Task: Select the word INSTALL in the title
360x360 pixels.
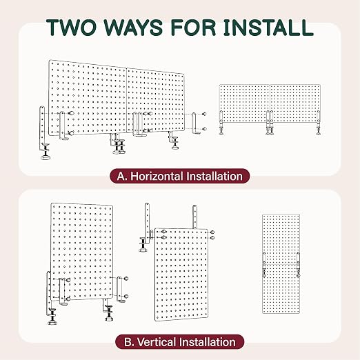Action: [268, 28]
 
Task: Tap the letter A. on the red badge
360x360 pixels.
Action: [122, 177]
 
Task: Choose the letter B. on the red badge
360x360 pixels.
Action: [129, 342]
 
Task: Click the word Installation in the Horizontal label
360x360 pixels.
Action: [214, 177]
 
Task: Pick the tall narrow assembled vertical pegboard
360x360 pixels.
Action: [281, 263]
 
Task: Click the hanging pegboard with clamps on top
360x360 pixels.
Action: [181, 274]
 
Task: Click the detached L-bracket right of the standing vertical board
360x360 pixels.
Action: [121, 289]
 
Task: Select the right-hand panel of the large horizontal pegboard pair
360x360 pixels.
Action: [156, 101]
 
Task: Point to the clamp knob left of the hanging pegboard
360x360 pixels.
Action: [143, 245]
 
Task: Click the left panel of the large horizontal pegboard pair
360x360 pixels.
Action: [88, 98]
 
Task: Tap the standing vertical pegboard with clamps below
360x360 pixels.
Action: [81, 252]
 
